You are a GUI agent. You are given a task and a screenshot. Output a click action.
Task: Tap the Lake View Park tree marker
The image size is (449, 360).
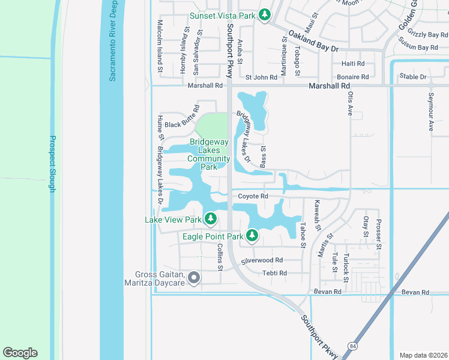click(x=210, y=219)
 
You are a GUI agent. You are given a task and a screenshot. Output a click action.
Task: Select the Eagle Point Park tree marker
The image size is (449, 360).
click(x=253, y=236)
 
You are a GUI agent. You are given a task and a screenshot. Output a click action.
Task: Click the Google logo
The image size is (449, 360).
click(x=20, y=353)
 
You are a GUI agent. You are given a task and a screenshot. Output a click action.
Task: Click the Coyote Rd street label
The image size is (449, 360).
click(x=253, y=196)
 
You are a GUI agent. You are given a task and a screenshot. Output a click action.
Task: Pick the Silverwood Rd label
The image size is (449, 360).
click(x=262, y=260)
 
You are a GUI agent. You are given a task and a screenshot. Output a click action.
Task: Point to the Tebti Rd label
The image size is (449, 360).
click(x=274, y=273)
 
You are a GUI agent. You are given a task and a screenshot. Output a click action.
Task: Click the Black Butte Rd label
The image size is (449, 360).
click(x=181, y=124)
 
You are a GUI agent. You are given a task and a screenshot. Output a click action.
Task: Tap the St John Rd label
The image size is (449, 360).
click(x=262, y=77)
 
